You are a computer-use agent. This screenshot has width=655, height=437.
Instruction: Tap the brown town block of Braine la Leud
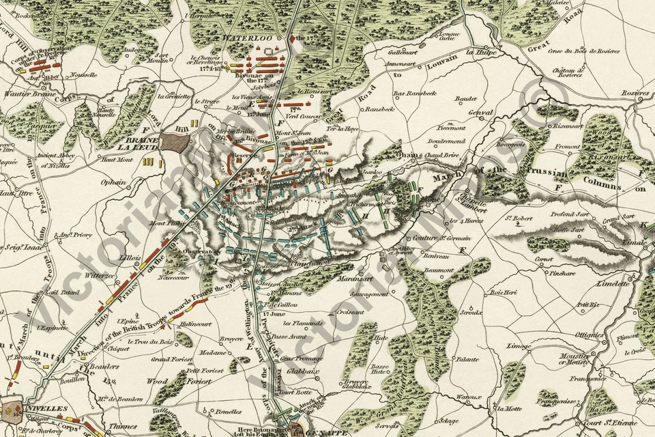175,143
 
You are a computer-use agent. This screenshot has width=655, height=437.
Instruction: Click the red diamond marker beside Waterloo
292,39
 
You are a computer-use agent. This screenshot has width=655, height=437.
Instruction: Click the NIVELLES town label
47,408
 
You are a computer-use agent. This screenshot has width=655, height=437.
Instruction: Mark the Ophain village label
114,182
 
